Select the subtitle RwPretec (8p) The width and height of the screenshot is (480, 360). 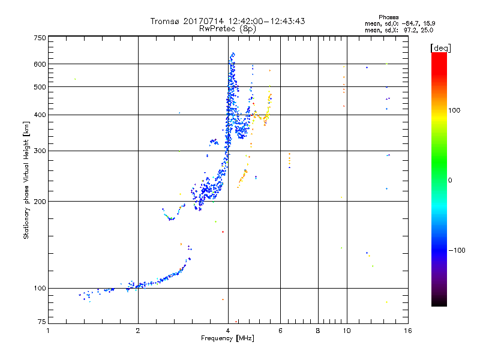tap(227, 28)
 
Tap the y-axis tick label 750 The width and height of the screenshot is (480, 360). tap(40, 38)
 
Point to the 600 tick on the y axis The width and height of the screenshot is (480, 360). tap(40, 64)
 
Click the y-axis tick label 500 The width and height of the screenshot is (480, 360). tap(40, 87)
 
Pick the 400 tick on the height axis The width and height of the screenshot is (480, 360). tap(40, 115)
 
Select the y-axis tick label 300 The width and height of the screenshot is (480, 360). tap(40, 151)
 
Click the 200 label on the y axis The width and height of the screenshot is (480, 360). tap(40, 202)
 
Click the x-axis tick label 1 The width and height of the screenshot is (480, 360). tap(49, 331)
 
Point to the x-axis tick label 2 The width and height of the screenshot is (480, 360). tap(138, 331)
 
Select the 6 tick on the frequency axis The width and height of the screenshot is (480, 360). tap(280, 331)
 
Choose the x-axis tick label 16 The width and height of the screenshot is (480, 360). tap(407, 331)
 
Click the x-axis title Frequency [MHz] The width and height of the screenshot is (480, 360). tap(227, 339)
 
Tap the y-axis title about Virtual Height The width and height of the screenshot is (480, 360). tap(26, 180)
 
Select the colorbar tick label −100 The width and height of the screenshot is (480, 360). tap(459, 250)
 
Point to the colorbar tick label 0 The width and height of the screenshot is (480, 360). tap(451, 180)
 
